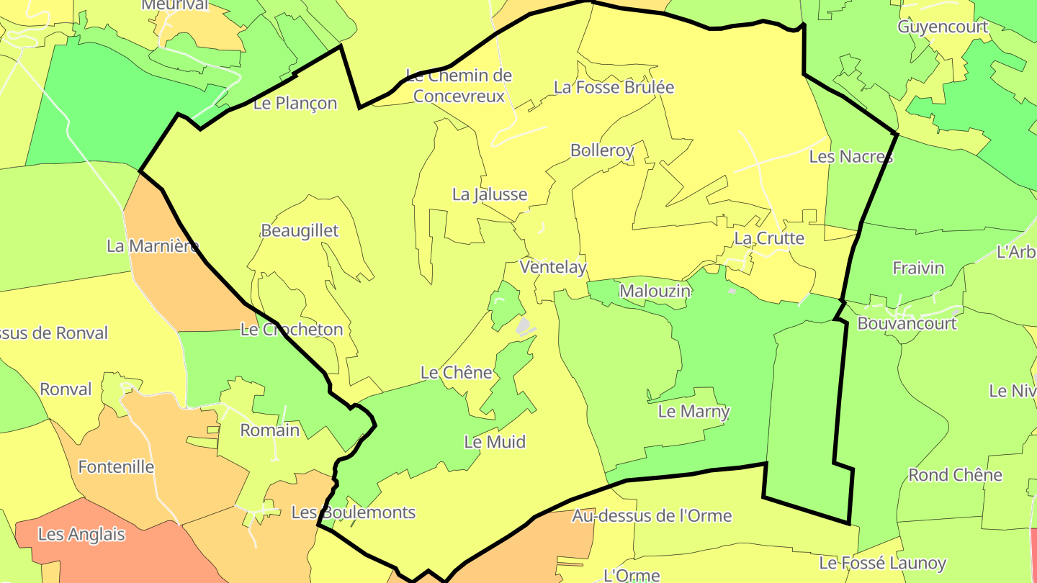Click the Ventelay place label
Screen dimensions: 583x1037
coord(553,267)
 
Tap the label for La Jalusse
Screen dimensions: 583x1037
coord(490,194)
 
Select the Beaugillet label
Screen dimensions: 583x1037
coord(300,231)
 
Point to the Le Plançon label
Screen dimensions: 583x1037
coord(295,104)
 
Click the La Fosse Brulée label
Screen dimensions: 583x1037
coord(614,88)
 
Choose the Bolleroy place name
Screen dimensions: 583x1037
coord(602,150)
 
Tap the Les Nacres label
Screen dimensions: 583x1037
coord(850,156)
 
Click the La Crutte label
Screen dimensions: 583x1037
coord(769,238)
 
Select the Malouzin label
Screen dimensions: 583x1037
coord(655,291)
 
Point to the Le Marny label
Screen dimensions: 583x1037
coord(693,412)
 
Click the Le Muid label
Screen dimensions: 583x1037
coord(495,442)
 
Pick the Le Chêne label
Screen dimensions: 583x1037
coord(457,373)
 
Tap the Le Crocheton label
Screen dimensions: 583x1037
coord(292,330)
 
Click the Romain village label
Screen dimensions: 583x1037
coord(269,430)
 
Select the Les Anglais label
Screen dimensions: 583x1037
coord(81,535)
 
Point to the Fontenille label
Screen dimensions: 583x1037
coord(116,467)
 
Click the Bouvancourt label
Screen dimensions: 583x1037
coord(907,324)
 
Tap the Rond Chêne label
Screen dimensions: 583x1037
coord(955,475)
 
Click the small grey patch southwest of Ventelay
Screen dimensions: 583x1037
coord(525,327)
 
